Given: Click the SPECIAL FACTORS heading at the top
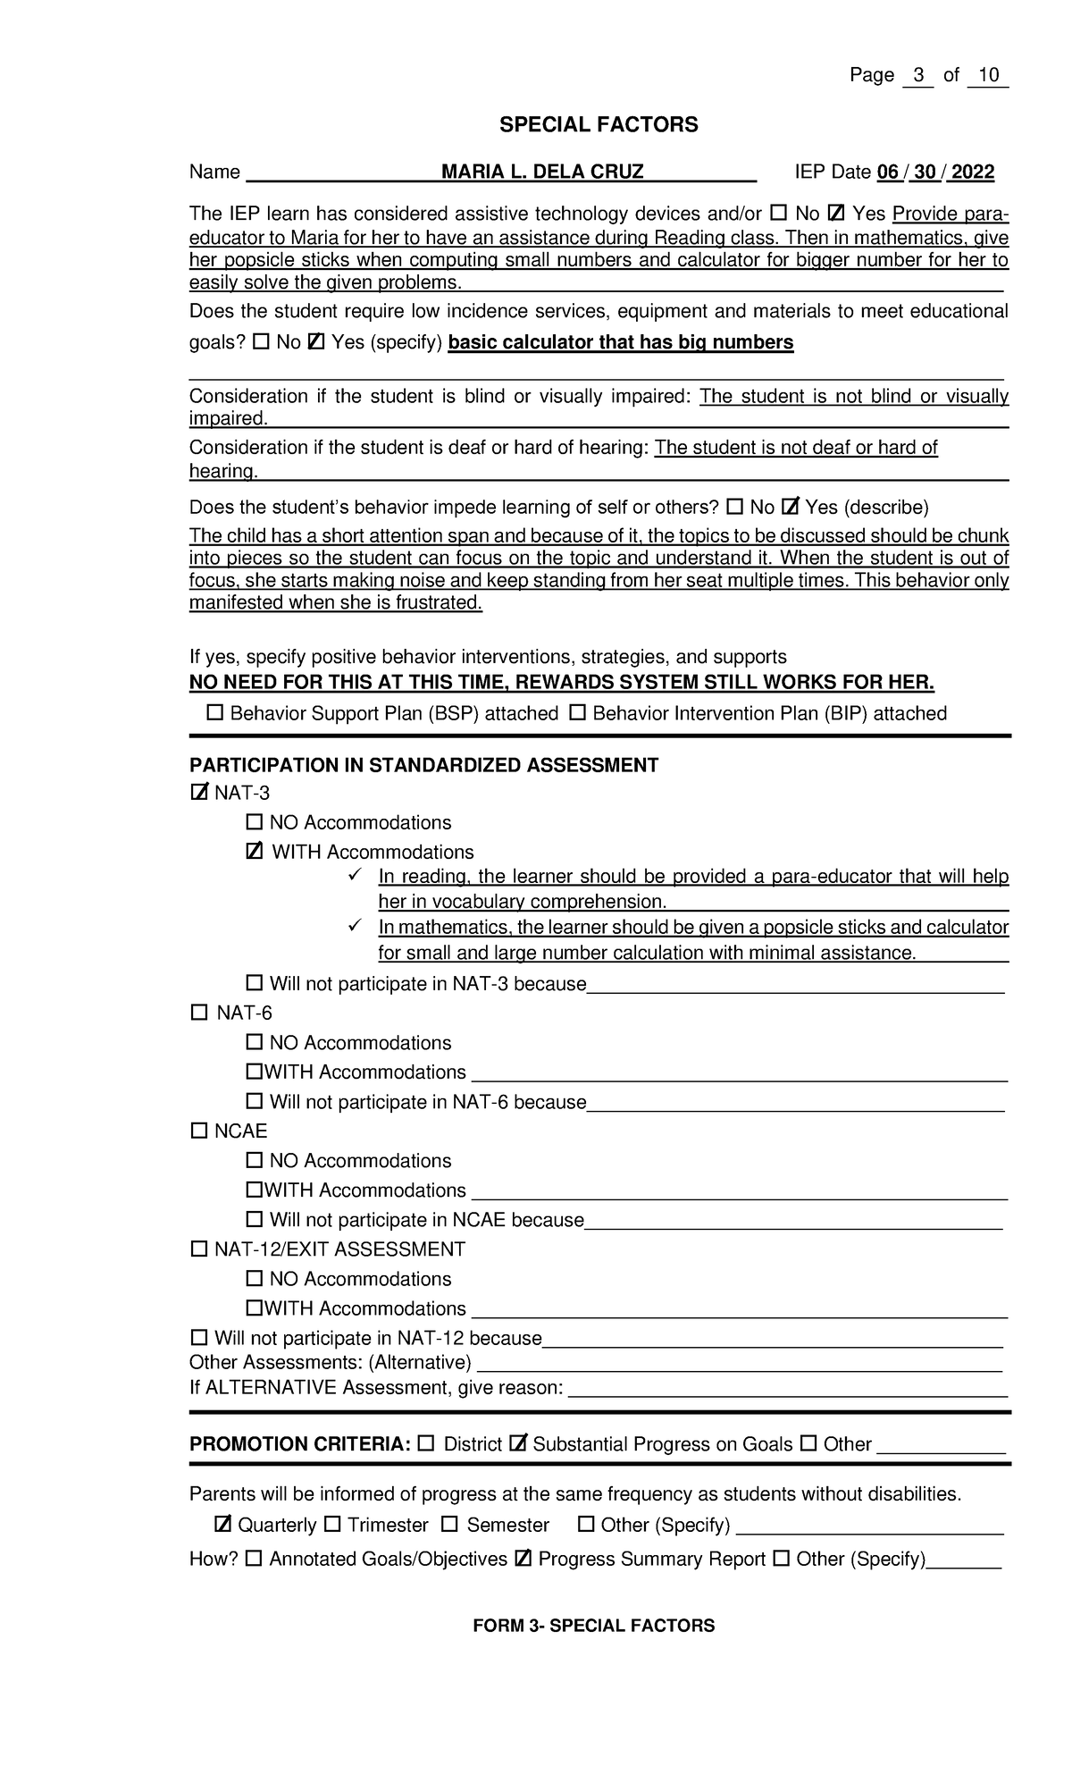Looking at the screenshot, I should click(599, 125).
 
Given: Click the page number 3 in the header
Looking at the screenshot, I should click(917, 75).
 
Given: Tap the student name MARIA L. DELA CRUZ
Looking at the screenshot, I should click(542, 172).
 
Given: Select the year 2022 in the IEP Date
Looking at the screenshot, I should click(973, 172).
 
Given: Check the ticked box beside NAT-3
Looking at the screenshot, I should click(199, 793).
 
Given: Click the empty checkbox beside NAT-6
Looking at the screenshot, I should click(198, 1013).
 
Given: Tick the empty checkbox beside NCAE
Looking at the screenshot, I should click(198, 1131).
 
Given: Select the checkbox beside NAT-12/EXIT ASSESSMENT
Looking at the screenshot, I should click(198, 1249).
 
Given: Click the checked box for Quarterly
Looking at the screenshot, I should click(223, 1524).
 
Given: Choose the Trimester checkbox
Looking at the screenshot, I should click(332, 1524).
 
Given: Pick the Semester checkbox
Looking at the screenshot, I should click(449, 1524).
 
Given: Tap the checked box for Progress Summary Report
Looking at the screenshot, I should click(523, 1559).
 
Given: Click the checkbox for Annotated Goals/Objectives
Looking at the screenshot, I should click(254, 1559).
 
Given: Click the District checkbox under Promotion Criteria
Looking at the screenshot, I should click(426, 1443).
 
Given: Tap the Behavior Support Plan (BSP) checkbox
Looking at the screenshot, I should click(214, 713).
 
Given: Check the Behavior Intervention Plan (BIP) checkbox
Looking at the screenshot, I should click(577, 713).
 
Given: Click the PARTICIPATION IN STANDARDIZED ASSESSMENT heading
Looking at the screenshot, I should click(423, 765).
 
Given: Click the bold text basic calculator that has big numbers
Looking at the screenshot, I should click(620, 342).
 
